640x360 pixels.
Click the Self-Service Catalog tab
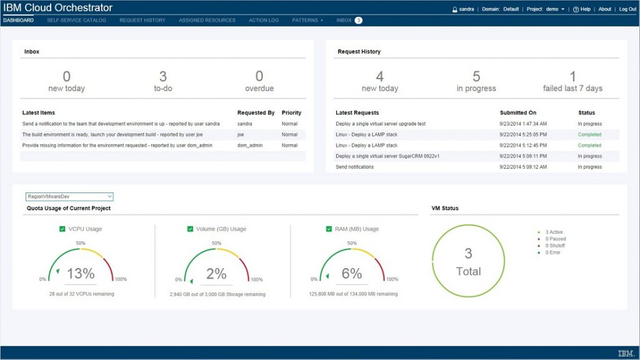[x=76, y=20]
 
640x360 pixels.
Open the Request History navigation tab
[x=142, y=20]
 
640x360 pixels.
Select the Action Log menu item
[x=264, y=20]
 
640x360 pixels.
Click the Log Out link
[x=627, y=9]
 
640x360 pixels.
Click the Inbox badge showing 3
[x=358, y=20]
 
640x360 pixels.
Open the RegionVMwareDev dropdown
[x=69, y=196]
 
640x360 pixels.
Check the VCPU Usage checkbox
[x=62, y=229]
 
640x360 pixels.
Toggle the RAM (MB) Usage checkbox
[x=329, y=229]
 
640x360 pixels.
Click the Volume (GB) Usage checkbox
[x=191, y=229]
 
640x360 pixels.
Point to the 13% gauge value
[x=81, y=273]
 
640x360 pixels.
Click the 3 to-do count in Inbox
[x=162, y=76]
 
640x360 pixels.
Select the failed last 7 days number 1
[x=572, y=76]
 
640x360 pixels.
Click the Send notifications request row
[x=355, y=167]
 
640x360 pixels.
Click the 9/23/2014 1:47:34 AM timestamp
[x=523, y=124]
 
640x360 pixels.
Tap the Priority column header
[x=291, y=113]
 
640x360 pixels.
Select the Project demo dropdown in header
[x=547, y=9]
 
